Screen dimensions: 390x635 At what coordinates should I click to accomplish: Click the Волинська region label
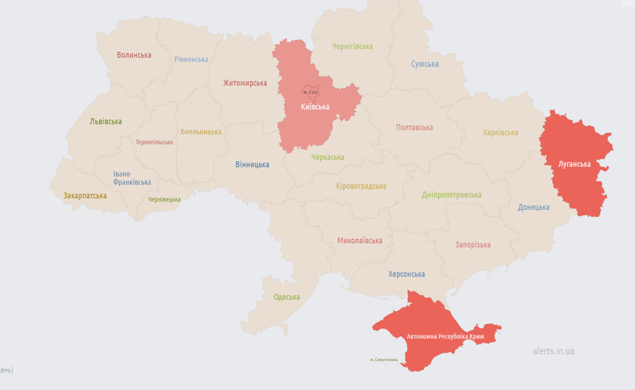click(x=134, y=55)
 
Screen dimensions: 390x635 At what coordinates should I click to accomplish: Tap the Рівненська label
click(x=191, y=59)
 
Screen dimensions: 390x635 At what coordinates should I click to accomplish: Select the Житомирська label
click(x=245, y=83)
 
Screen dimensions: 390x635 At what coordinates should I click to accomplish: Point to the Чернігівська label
click(x=352, y=46)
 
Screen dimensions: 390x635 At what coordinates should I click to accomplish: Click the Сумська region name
click(x=425, y=64)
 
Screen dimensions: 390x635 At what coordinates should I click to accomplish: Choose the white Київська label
click(x=315, y=107)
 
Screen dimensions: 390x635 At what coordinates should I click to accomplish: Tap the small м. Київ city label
click(x=311, y=92)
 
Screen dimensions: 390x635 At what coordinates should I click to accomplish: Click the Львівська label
click(x=106, y=121)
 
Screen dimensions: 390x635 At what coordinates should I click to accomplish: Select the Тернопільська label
click(x=154, y=142)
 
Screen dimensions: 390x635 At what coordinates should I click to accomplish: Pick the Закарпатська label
click(x=85, y=196)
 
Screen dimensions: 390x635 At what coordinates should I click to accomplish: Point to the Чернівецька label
click(x=164, y=200)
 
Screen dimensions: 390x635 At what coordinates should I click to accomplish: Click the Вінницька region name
click(x=252, y=165)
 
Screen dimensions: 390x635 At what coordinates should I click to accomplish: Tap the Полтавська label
click(x=415, y=127)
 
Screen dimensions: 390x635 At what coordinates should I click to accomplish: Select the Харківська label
click(x=500, y=133)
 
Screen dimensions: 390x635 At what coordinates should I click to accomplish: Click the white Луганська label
click(x=574, y=164)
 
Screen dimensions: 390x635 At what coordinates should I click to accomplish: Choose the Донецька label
click(x=533, y=207)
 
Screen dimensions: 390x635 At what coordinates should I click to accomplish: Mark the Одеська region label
click(x=287, y=297)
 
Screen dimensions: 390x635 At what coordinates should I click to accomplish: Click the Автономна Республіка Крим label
click(x=445, y=337)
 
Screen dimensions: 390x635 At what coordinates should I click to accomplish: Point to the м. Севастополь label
click(x=384, y=360)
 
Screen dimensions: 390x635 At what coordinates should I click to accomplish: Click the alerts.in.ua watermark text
click(x=553, y=351)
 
